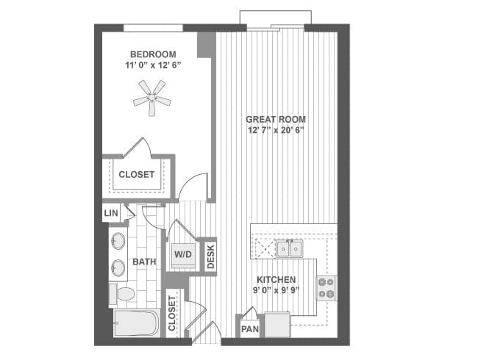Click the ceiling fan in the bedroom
click(x=152, y=98)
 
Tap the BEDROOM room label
click(x=153, y=54)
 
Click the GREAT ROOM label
click(x=276, y=120)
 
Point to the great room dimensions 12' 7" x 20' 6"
click(x=277, y=130)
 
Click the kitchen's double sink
click(x=289, y=248)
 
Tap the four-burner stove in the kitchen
click(x=327, y=288)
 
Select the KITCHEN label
click(x=277, y=280)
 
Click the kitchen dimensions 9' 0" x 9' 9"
click(x=277, y=290)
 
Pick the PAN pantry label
click(x=250, y=329)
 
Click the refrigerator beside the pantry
click(x=277, y=325)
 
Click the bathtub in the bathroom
click(x=137, y=323)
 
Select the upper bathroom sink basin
click(x=118, y=241)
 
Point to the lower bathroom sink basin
click(x=118, y=268)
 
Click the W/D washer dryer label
click(x=183, y=254)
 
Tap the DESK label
click(x=210, y=256)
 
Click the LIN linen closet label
click(x=111, y=213)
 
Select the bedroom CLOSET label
click(x=137, y=175)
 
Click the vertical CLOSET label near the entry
click(x=171, y=313)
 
